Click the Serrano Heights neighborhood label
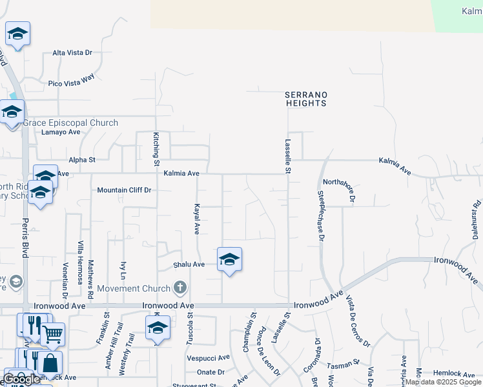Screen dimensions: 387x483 [x=306, y=99]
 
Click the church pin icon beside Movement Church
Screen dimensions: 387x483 [x=181, y=288]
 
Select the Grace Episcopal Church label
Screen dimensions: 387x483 [x=71, y=123]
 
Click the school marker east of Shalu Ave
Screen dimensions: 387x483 [x=229, y=260]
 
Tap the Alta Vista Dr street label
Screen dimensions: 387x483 [x=72, y=53]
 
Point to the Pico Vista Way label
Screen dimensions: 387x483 [x=71, y=79]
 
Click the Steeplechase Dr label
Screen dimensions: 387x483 [x=320, y=215]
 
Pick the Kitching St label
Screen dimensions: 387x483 [x=156, y=146]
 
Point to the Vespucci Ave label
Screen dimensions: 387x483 [x=208, y=357]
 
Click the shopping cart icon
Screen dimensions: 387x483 [x=53, y=334]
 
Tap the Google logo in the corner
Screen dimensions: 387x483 [x=21, y=379]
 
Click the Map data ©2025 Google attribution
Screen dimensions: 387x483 [x=444, y=382]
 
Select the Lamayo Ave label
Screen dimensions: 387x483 [x=61, y=132]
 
